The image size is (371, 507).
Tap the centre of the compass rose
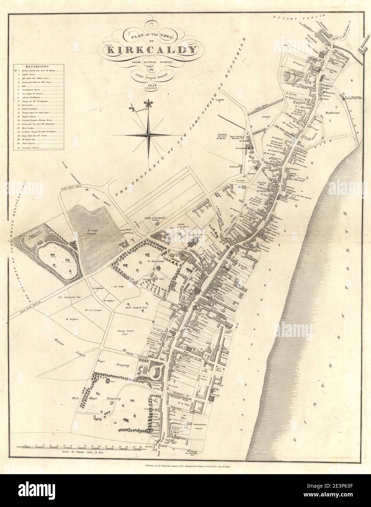[149, 134]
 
